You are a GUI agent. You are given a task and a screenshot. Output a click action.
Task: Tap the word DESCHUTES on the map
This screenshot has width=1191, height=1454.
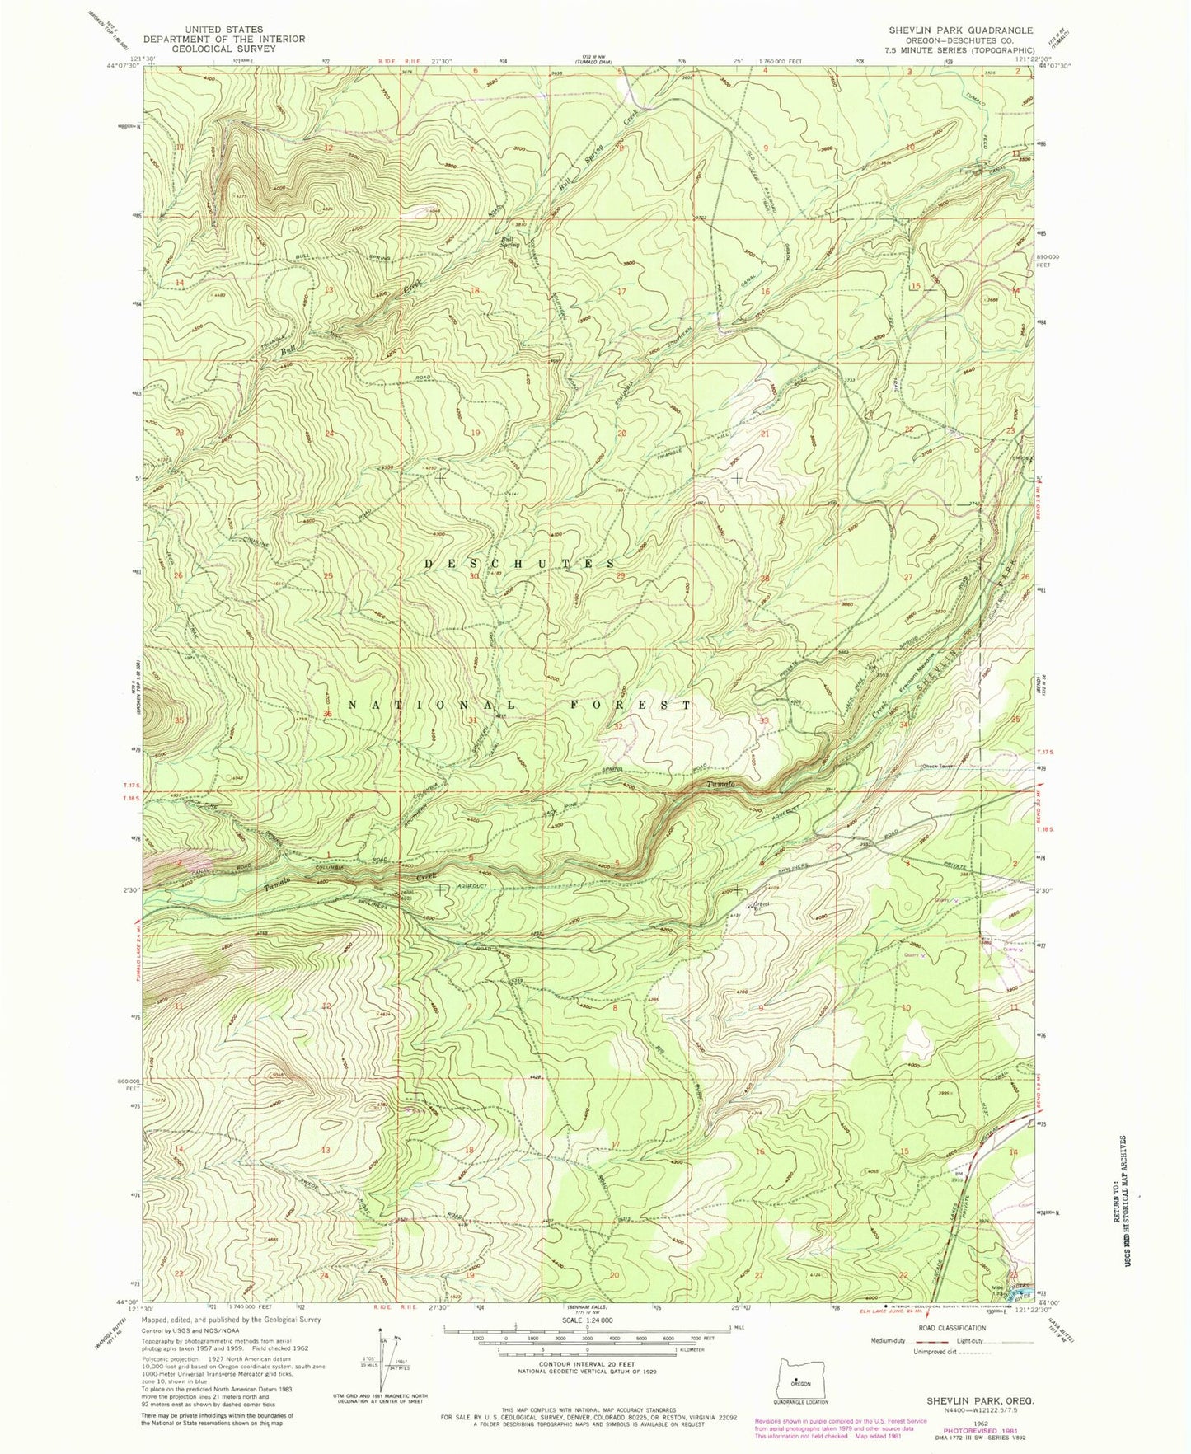pyautogui.click(x=519, y=563)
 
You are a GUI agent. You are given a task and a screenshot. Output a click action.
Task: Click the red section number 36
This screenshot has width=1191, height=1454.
pyautogui.click(x=327, y=714)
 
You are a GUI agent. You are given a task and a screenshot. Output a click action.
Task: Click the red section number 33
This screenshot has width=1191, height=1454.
pyautogui.click(x=764, y=720)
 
